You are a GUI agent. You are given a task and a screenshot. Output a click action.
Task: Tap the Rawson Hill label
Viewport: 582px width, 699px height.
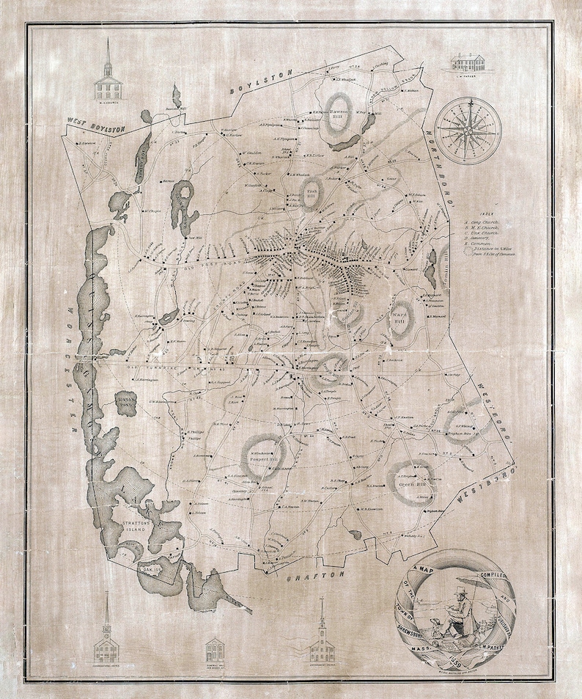[x=339, y=112]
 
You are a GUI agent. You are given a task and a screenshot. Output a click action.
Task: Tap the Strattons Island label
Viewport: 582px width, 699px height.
[x=133, y=528]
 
